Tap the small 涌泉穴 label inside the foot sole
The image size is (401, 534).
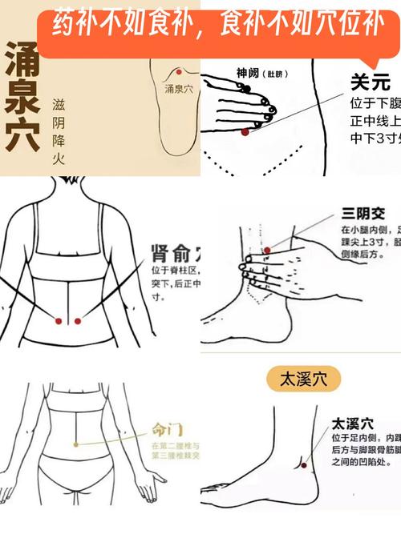pos(178,89)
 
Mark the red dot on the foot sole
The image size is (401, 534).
pos(176,72)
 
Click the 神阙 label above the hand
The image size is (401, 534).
pos(248,73)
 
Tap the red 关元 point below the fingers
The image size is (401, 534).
pos(245,131)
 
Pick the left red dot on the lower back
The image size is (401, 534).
pos(59,321)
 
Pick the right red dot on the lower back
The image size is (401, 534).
pos(78,321)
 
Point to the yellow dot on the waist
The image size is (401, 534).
pos(75,443)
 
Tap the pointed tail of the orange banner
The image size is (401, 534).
pos(370,64)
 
